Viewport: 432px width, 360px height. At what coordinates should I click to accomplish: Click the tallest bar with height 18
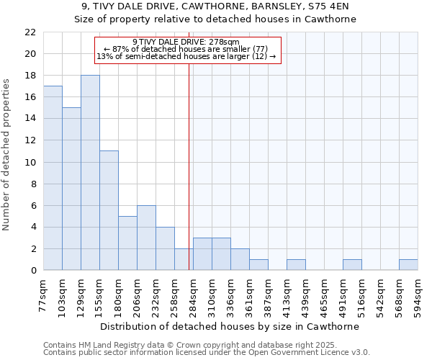(x=90, y=173)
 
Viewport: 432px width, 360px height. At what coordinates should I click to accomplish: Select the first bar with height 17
(x=53, y=178)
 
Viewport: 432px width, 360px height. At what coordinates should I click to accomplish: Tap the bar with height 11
(x=109, y=210)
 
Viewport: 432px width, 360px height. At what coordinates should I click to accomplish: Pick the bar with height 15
(x=71, y=189)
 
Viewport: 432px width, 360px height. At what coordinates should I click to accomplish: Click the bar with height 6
(x=146, y=238)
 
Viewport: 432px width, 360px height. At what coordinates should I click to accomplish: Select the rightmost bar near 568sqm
(x=408, y=265)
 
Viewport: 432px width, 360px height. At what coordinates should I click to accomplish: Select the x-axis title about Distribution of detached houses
(x=230, y=326)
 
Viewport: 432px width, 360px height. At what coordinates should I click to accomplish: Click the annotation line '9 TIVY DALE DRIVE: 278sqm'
(x=186, y=42)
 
